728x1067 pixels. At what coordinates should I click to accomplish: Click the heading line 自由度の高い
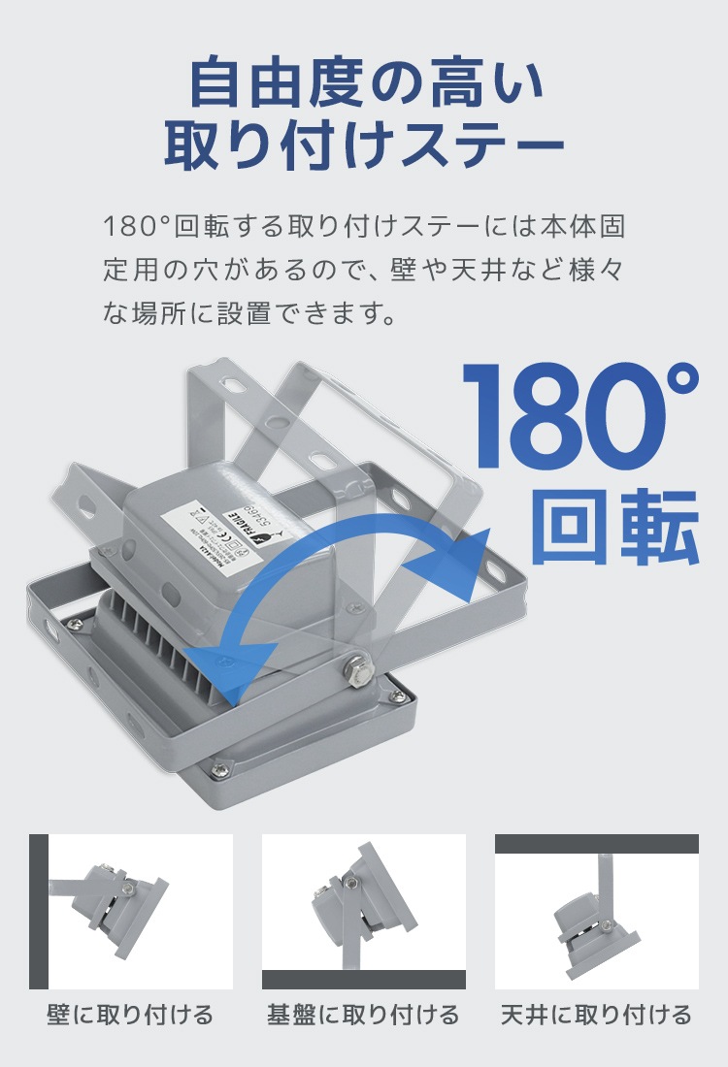(364, 82)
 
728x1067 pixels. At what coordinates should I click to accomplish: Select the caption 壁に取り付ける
(130, 1016)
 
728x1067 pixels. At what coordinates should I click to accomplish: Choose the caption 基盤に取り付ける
(363, 1016)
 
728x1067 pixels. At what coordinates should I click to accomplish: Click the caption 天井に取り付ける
(596, 1016)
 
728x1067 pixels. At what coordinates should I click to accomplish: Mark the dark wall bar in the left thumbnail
(39, 912)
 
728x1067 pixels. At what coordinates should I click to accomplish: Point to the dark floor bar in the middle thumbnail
(363, 980)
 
